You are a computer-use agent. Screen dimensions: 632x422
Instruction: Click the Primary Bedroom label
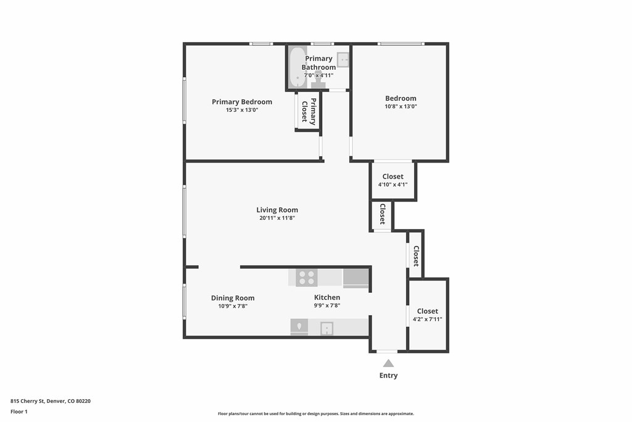242,102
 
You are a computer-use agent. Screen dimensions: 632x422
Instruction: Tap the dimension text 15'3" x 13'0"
242,110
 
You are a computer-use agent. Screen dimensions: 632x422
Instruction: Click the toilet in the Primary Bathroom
319,79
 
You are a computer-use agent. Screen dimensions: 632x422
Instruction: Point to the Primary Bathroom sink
343,60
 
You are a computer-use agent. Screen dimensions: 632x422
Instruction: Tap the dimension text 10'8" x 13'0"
401,106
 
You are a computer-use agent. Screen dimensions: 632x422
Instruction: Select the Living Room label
277,210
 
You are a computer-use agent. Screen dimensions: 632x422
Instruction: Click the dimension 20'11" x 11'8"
277,218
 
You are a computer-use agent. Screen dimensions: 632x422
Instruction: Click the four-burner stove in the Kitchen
307,277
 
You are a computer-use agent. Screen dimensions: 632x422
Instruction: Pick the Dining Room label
233,298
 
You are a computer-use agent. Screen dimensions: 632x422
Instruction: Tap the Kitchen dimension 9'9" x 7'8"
327,305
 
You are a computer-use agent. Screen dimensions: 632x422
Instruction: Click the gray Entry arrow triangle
388,363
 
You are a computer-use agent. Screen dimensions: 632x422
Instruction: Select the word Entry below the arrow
388,376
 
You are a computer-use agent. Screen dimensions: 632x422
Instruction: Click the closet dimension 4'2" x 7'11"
427,319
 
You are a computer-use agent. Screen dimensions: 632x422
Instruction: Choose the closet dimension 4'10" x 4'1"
393,184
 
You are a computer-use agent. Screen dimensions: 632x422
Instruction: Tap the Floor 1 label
19,411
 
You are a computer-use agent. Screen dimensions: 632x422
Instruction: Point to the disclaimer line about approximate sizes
316,413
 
